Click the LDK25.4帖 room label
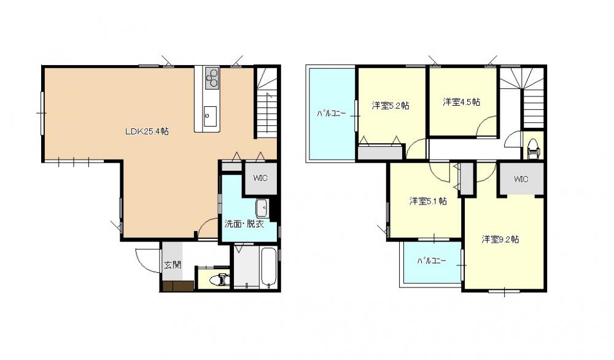[147, 131]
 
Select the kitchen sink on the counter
[210, 116]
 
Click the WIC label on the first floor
[260, 178]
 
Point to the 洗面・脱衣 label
[244, 224]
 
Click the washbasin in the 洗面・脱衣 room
[262, 208]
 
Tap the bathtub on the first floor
[269, 268]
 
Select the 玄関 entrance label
[173, 264]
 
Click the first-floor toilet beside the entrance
[219, 280]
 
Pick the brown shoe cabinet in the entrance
[178, 286]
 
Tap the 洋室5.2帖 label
[391, 106]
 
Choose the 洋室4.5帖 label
[462, 102]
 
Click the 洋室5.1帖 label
[428, 202]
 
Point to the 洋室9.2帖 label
[500, 239]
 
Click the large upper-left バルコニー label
[332, 114]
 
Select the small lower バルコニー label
[431, 260]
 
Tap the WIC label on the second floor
[521, 179]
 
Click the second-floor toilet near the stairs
[534, 149]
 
